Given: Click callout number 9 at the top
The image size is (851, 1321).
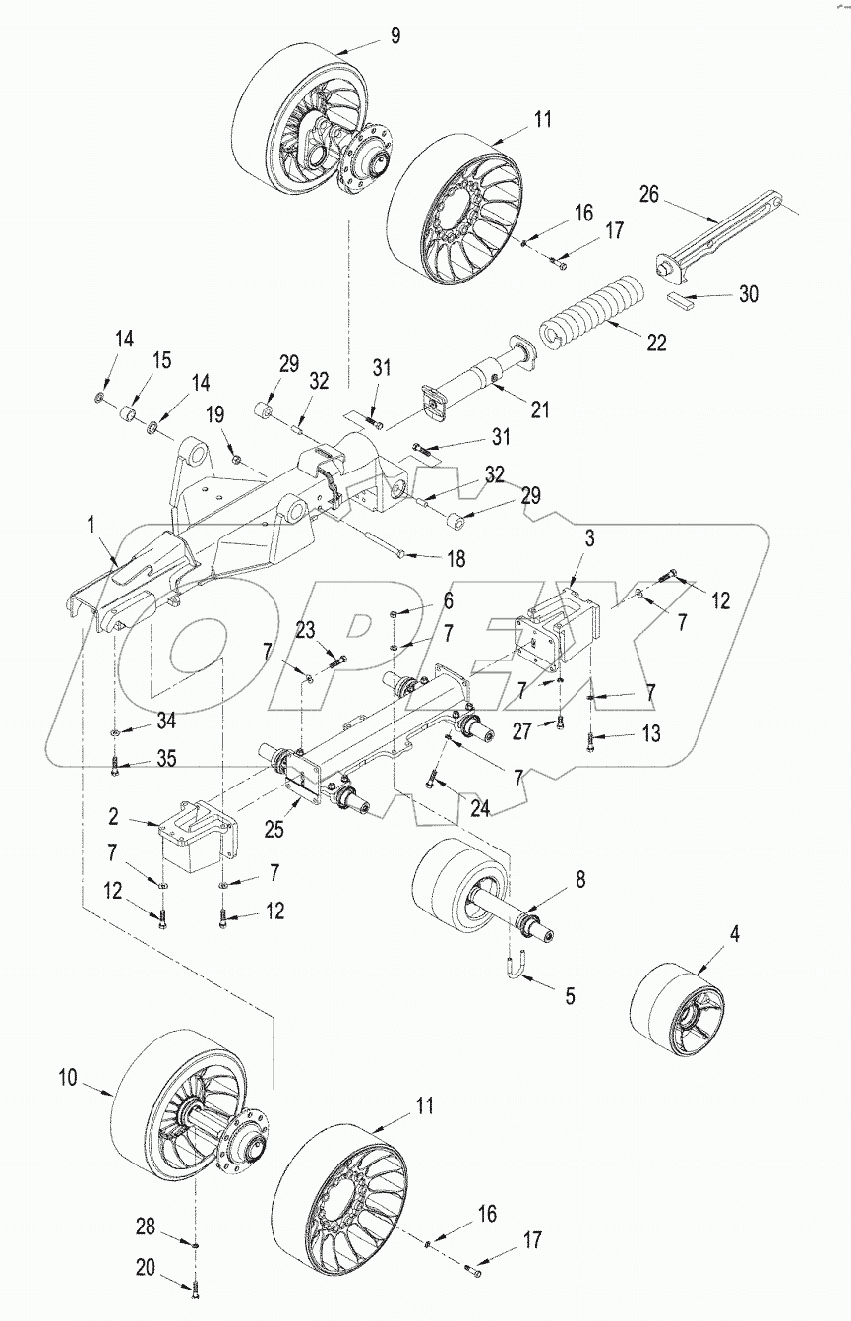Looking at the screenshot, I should (395, 36).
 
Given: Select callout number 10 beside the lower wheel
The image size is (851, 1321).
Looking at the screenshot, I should (67, 1077).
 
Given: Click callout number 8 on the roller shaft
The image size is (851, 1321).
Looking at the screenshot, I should (580, 880).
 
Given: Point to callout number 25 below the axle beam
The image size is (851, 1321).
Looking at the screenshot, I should (274, 829).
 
